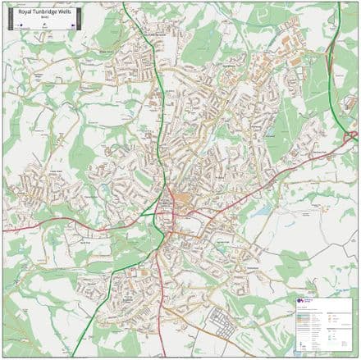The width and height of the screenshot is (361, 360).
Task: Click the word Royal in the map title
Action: click(25, 12)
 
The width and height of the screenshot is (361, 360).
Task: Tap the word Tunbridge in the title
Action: click(43, 12)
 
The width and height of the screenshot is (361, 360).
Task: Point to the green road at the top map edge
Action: click(124, 4)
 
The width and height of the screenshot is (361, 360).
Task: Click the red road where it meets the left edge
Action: click(4, 230)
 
